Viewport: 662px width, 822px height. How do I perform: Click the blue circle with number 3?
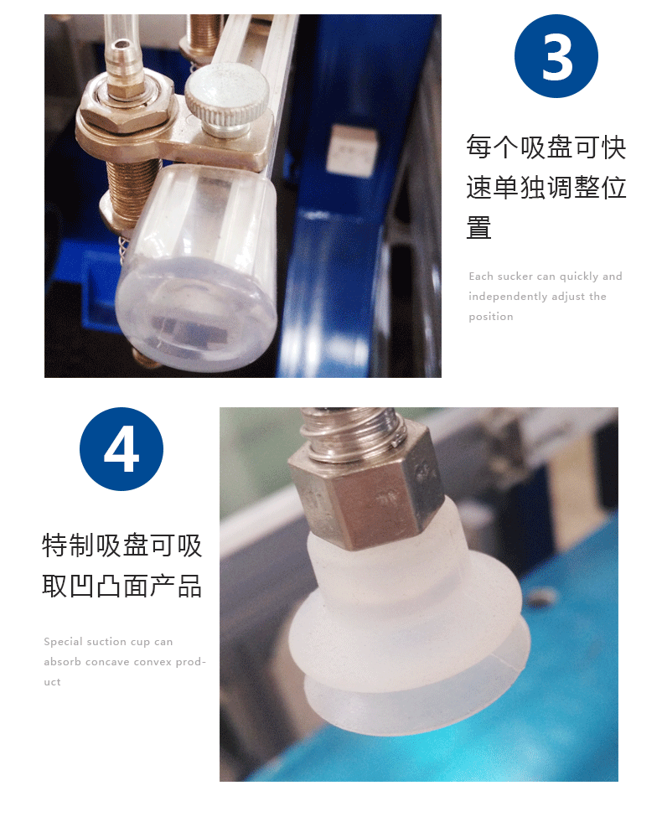[556, 56]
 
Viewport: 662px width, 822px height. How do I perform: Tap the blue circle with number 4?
[121, 449]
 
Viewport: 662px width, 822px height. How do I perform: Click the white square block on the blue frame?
[352, 150]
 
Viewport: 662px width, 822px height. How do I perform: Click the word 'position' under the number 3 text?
[490, 317]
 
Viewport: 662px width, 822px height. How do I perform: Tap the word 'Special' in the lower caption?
[63, 642]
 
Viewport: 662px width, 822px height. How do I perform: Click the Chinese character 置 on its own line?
[478, 228]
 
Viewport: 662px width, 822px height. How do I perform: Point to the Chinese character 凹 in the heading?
[82, 586]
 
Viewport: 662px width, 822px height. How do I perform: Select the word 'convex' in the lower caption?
[152, 662]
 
